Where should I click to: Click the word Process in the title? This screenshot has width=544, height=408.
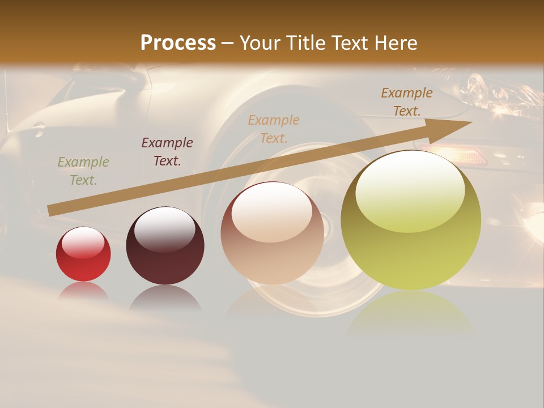click(x=178, y=43)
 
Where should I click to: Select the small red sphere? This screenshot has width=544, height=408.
click(x=83, y=254)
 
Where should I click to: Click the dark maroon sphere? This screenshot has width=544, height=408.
click(x=165, y=246)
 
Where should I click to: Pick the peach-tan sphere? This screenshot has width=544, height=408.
click(x=272, y=233)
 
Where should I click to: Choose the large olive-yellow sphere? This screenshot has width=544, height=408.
click(x=411, y=220)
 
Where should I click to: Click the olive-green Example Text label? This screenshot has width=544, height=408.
click(x=83, y=171)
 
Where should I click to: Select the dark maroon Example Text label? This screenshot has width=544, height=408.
click(x=167, y=152)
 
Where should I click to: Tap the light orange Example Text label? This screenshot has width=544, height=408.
click(x=274, y=129)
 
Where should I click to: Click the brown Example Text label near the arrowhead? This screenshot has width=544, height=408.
click(x=406, y=102)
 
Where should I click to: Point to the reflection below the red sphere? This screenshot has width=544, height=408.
click(x=83, y=291)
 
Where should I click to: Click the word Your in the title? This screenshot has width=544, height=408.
click(x=262, y=43)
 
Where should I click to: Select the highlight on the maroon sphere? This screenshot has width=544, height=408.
click(x=164, y=228)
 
